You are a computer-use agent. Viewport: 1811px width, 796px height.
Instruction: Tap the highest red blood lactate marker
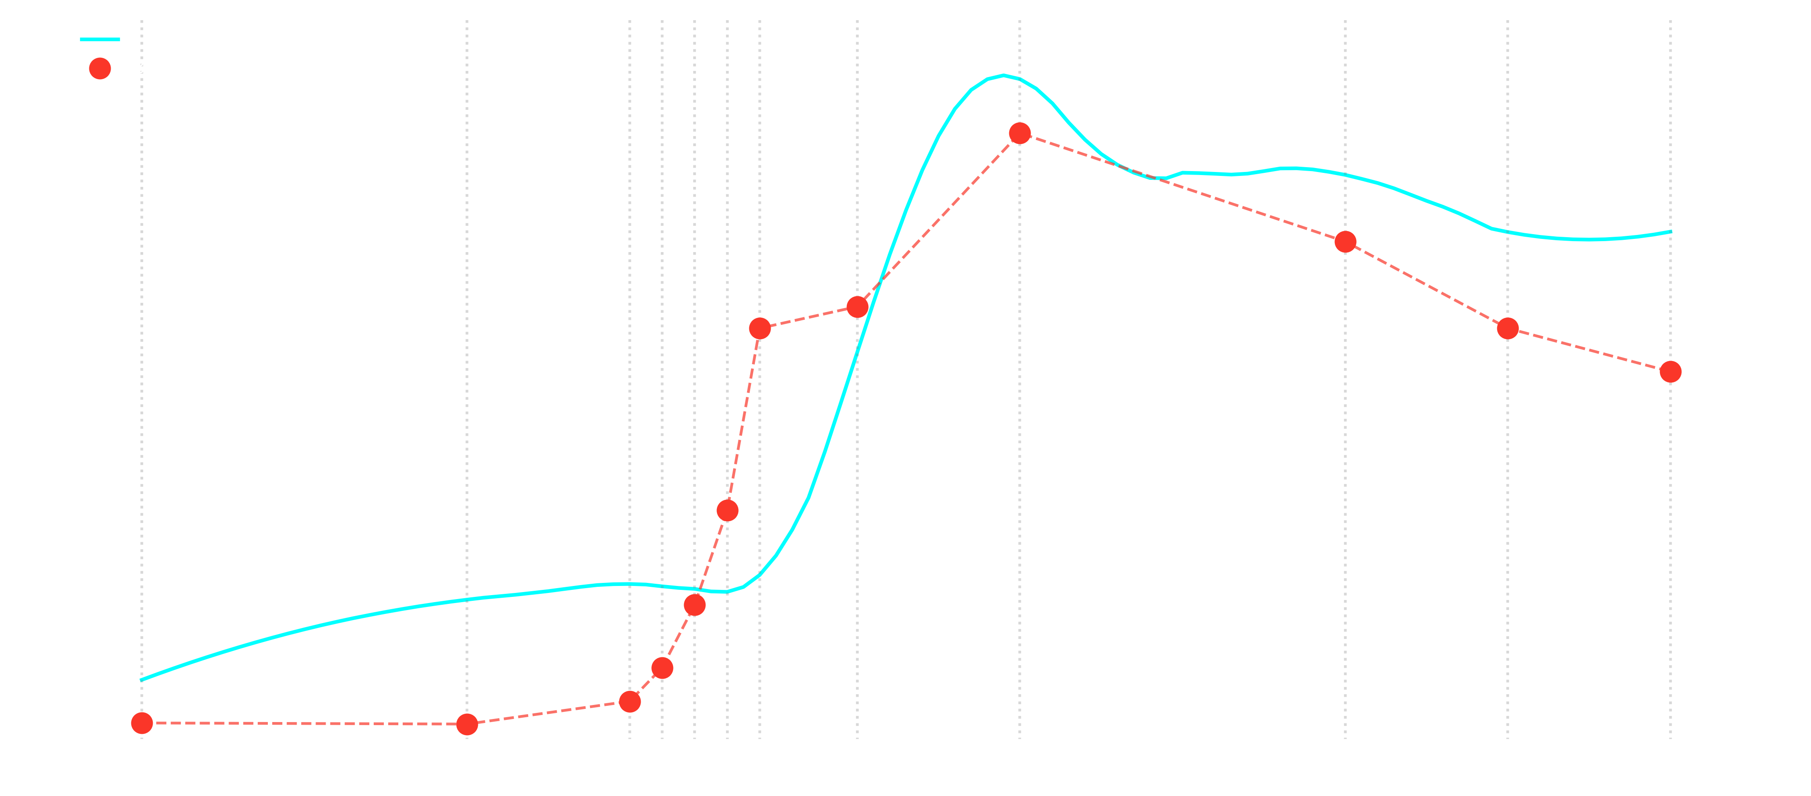click(1019, 133)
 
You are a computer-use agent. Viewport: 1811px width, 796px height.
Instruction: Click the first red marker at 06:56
click(142, 723)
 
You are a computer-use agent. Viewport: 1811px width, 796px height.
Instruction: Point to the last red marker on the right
click(1671, 372)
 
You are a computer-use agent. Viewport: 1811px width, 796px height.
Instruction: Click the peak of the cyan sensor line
click(1003, 75)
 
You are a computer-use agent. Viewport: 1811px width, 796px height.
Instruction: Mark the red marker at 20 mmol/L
click(857, 307)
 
